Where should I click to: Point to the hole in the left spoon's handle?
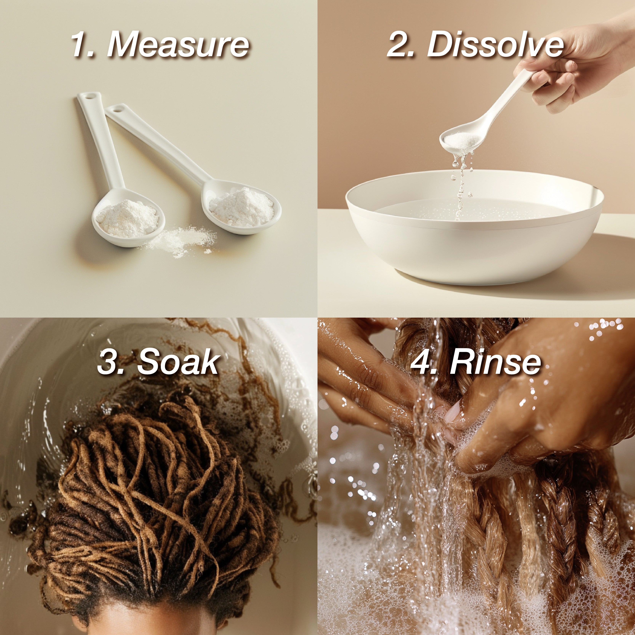88,97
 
